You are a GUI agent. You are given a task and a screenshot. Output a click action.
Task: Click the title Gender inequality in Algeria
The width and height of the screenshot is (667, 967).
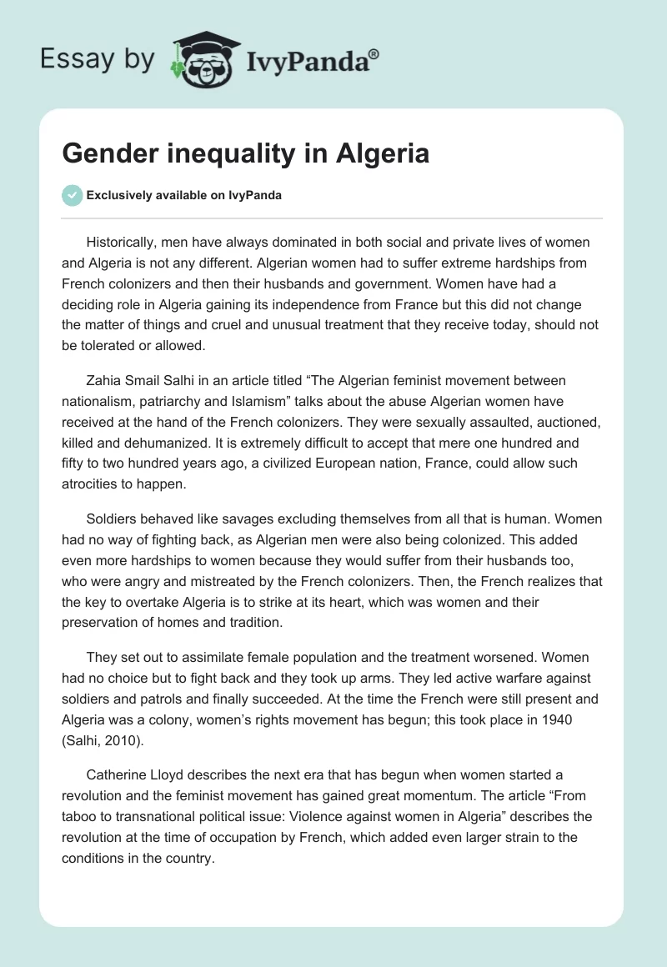246,153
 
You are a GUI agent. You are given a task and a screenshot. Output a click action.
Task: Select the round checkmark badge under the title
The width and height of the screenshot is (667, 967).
72,196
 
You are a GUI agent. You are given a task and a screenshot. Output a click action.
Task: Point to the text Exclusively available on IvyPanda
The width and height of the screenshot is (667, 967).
184,196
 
